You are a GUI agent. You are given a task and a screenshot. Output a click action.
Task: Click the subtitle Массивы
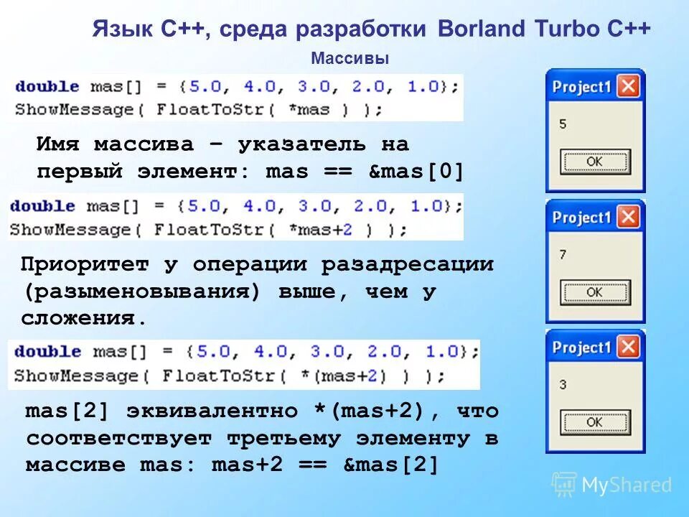(350, 58)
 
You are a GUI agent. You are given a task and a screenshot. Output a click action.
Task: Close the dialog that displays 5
(628, 87)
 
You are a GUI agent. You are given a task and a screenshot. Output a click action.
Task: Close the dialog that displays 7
(628, 217)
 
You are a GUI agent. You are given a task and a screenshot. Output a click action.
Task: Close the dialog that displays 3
(628, 348)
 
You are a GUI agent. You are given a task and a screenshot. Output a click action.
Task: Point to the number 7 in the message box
(563, 254)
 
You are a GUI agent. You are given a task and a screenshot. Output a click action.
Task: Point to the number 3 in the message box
(563, 385)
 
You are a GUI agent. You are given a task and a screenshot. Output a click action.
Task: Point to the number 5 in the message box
(563, 124)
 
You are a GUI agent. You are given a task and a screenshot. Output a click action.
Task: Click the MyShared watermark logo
(612, 485)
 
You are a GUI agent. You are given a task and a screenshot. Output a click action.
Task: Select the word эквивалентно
(211, 411)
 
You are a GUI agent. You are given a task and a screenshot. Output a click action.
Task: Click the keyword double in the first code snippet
(47, 86)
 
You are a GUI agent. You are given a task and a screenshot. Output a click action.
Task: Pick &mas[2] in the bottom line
(391, 465)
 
